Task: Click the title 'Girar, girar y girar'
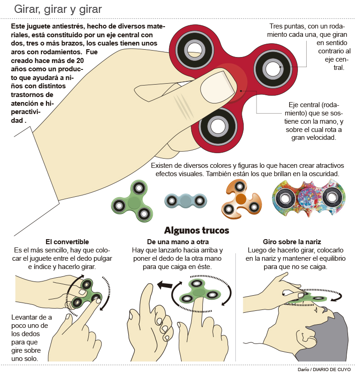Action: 58,9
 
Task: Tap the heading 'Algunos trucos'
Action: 196,230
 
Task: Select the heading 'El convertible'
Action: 67,242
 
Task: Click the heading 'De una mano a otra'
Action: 178,242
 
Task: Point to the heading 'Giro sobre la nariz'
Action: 291,242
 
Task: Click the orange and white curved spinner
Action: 241,200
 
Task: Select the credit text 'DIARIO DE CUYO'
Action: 333,370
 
